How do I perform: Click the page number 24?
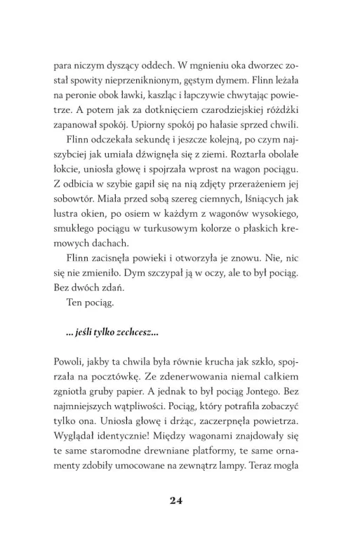point(180,500)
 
